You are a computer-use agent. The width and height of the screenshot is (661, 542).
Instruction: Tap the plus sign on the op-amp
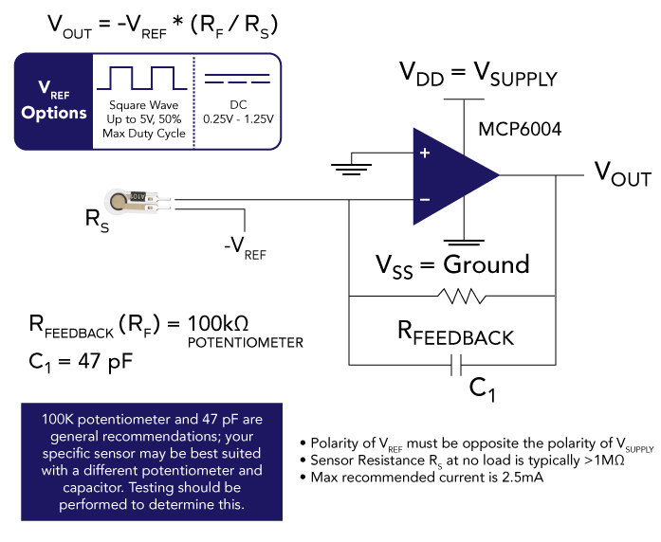pyautogui.click(x=424, y=152)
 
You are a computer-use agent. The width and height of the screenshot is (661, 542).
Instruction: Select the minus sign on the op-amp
pyautogui.click(x=424, y=200)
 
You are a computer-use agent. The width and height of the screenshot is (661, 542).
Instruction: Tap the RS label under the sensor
pyautogui.click(x=98, y=220)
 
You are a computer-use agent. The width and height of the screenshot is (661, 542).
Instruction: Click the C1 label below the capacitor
pyautogui.click(x=484, y=388)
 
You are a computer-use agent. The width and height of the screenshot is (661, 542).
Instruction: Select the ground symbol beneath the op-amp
pyautogui.click(x=464, y=242)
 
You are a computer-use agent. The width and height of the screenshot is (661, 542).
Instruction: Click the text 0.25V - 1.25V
pyautogui.click(x=237, y=118)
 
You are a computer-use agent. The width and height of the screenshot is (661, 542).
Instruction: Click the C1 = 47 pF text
pyautogui.click(x=86, y=360)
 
